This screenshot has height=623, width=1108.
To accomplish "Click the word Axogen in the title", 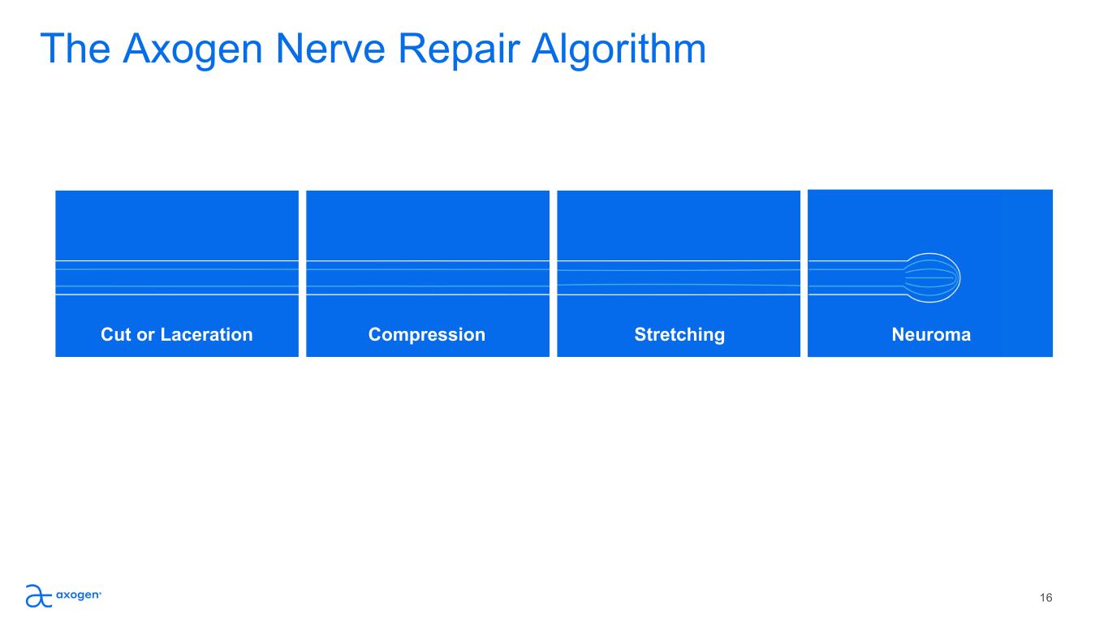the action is [192, 49].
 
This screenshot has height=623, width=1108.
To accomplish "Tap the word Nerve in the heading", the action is [330, 49].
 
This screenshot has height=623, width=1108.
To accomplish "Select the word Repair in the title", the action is [459, 49].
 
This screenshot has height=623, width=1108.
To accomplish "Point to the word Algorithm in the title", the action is [619, 49].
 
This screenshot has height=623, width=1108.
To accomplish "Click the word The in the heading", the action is [75, 49].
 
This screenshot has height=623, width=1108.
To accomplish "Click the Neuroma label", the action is [931, 335].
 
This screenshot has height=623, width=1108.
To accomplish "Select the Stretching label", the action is [679, 335].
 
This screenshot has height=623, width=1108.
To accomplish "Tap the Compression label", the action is [427, 335].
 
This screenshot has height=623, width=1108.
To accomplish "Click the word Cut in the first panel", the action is [116, 335].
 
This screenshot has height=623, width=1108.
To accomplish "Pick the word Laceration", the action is [207, 335].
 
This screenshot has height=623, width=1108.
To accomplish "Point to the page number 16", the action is [1045, 598].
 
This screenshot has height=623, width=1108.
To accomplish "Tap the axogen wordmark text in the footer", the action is [79, 595].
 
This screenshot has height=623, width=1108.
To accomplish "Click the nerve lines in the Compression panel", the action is [428, 278].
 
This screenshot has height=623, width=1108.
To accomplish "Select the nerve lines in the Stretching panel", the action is [679, 278].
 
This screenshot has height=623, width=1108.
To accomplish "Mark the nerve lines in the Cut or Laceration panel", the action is [177, 278].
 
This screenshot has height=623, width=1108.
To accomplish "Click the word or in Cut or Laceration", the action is [146, 336].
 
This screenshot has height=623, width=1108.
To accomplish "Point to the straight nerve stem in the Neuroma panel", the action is [856, 278].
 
